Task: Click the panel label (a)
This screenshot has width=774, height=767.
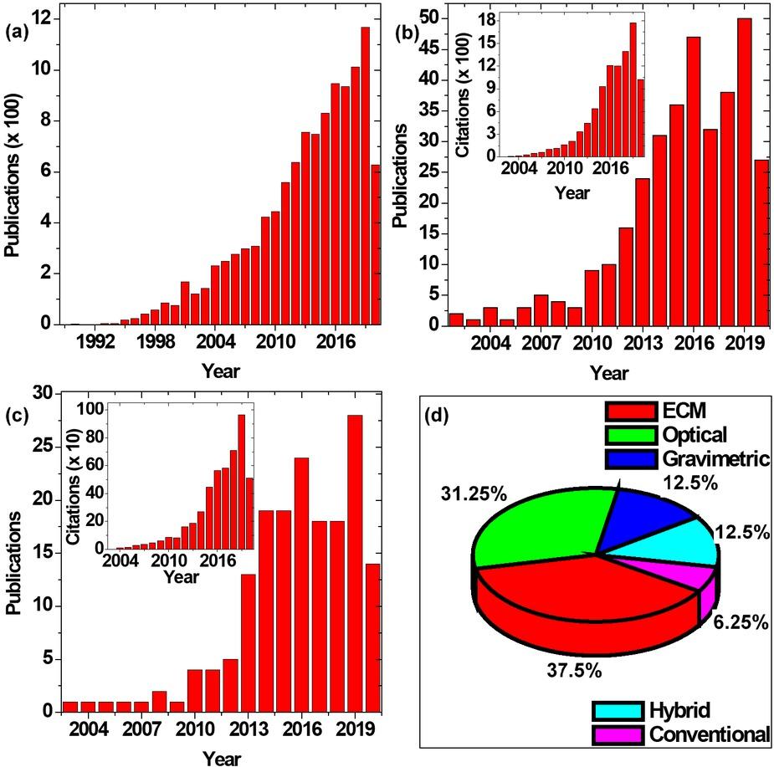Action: pyautogui.click(x=18, y=33)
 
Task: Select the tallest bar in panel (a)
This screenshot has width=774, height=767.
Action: pyautogui.click(x=365, y=176)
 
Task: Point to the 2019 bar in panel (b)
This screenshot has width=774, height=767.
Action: pyautogui.click(x=744, y=171)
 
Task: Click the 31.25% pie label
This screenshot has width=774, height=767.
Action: pyautogui.click(x=474, y=494)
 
